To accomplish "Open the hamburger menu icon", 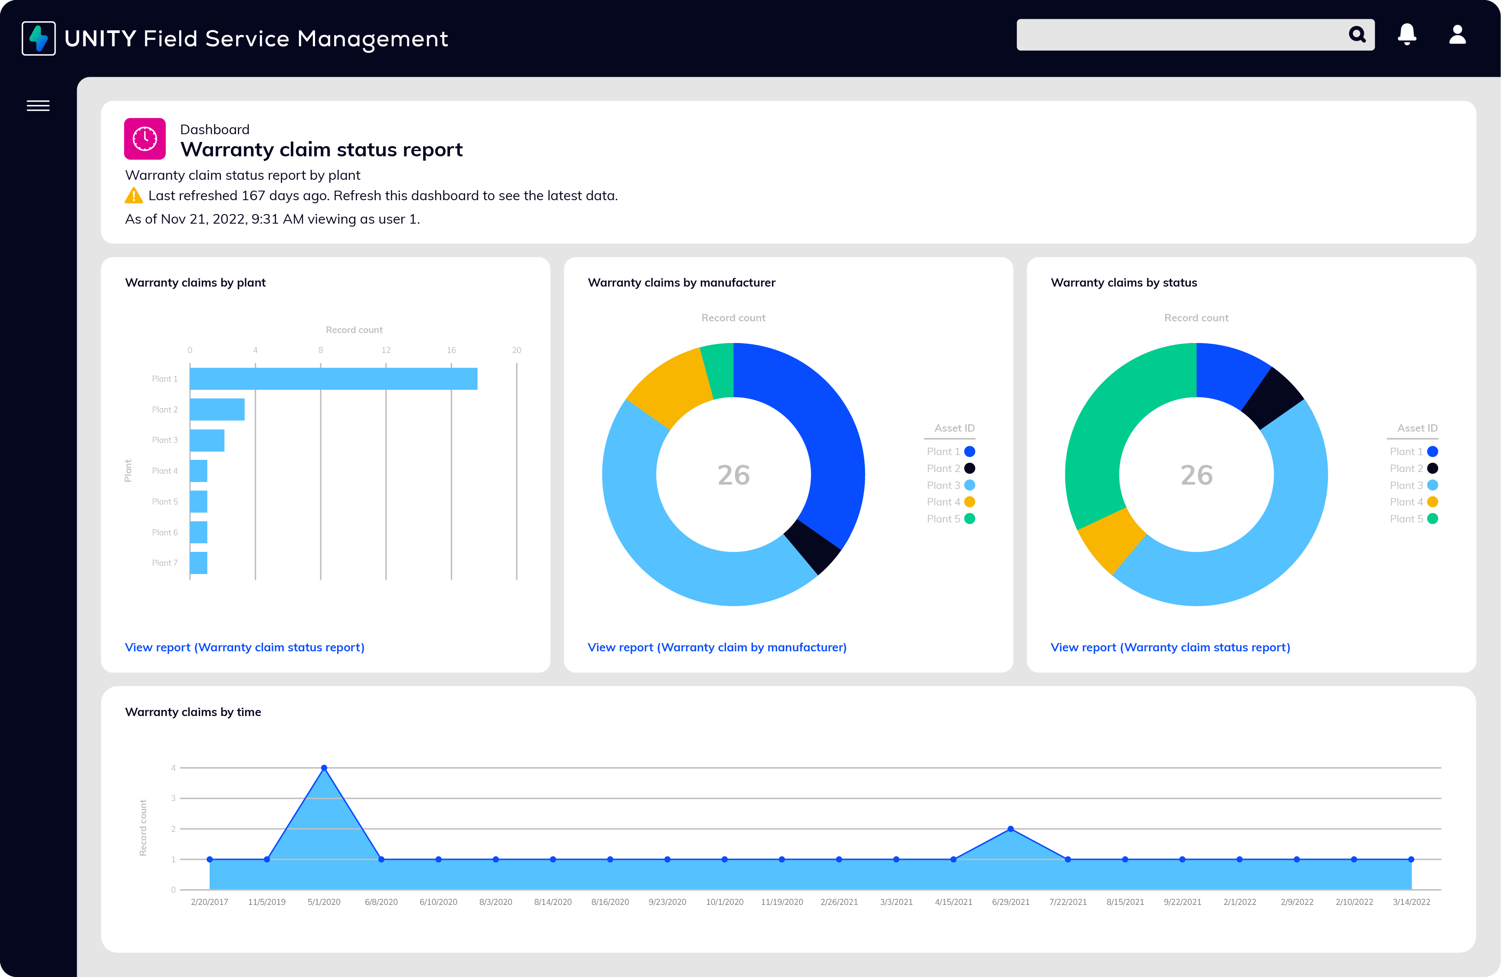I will [38, 106].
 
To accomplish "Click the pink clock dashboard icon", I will [145, 138].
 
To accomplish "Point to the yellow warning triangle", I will [134, 196].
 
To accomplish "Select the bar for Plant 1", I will [333, 379].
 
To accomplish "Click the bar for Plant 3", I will [207, 440].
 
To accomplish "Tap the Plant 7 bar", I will [199, 562].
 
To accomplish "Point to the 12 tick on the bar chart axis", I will [385, 350].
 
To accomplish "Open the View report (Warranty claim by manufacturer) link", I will [716, 647].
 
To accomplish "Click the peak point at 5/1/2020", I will [324, 768].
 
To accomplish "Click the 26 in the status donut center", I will [1196, 475].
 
